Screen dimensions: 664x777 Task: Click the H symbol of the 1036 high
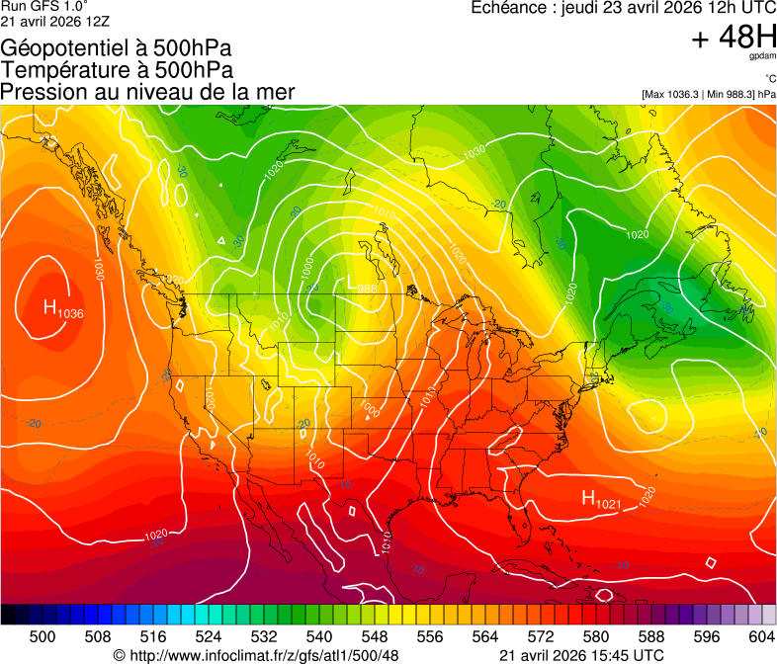tap(50, 308)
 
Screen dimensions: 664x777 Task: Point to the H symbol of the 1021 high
tap(588, 499)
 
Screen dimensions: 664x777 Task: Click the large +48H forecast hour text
tap(734, 40)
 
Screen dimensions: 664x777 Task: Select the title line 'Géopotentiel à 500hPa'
tap(118, 48)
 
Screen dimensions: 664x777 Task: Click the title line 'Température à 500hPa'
tap(117, 70)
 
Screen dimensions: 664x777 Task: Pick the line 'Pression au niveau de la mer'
tap(147, 92)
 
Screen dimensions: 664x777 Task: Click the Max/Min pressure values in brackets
tap(709, 94)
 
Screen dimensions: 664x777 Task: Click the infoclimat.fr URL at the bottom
tap(256, 654)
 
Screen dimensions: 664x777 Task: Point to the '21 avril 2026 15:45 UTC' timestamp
tap(581, 654)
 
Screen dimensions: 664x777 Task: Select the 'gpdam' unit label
tap(764, 57)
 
